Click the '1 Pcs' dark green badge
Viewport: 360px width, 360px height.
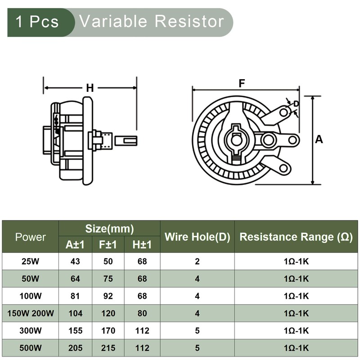coord(38,22)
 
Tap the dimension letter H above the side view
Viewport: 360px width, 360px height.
coord(90,88)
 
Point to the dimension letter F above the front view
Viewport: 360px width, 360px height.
coord(242,83)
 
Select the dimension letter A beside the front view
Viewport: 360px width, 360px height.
coord(319,139)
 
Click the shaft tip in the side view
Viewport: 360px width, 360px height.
coord(126,140)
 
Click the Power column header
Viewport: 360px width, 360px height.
coord(31,237)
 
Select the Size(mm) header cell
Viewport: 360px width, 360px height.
coord(109,229)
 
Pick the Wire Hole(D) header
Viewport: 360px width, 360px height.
coord(197,237)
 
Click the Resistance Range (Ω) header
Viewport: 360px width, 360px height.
coord(296,237)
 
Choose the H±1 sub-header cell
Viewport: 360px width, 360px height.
coord(142,245)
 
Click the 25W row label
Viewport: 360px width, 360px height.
coord(31,261)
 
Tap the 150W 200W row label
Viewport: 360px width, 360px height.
coord(31,314)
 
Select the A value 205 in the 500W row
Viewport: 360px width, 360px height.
coord(75,348)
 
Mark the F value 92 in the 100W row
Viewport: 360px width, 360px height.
coord(108,296)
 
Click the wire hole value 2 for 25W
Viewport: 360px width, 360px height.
coord(197,261)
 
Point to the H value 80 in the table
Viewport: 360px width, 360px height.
coord(142,314)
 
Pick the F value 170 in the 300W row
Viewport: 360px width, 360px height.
coord(108,331)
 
